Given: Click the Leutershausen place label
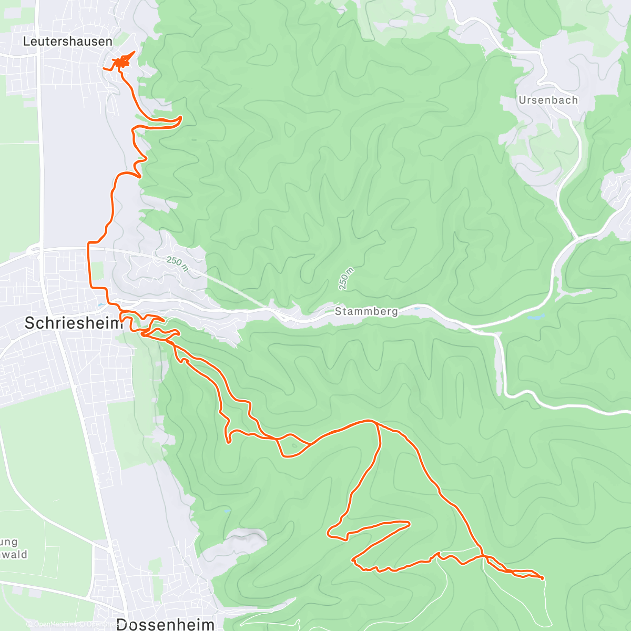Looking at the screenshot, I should pyautogui.click(x=67, y=42).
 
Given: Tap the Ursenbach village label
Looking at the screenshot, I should pyautogui.click(x=548, y=100).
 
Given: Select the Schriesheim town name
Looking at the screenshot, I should pyautogui.click(x=73, y=323).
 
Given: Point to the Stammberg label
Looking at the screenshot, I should pyautogui.click(x=366, y=311).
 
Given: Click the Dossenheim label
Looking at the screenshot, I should pyautogui.click(x=165, y=624).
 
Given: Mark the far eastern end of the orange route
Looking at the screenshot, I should pyautogui.click(x=542, y=578).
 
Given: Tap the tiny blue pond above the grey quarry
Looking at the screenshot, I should pyautogui.click(x=227, y=511).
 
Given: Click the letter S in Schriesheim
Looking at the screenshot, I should pyautogui.click(x=30, y=323).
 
